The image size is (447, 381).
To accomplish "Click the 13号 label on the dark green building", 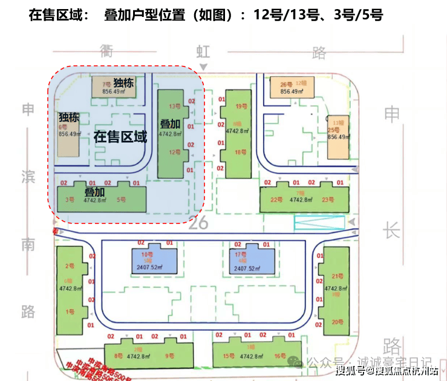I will [175, 106].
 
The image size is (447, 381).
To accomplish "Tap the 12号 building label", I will [175, 153].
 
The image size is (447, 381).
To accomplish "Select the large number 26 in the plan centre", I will [198, 223].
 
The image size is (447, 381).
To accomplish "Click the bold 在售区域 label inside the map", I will [120, 137].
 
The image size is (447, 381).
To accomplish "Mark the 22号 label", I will [276, 200].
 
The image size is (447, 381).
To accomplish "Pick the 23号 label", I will [328, 200].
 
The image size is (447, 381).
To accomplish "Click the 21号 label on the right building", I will [337, 276].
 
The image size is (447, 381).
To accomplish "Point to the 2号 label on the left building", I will [70, 266].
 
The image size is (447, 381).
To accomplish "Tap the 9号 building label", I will [170, 356].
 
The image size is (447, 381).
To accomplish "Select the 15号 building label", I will [228, 356].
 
